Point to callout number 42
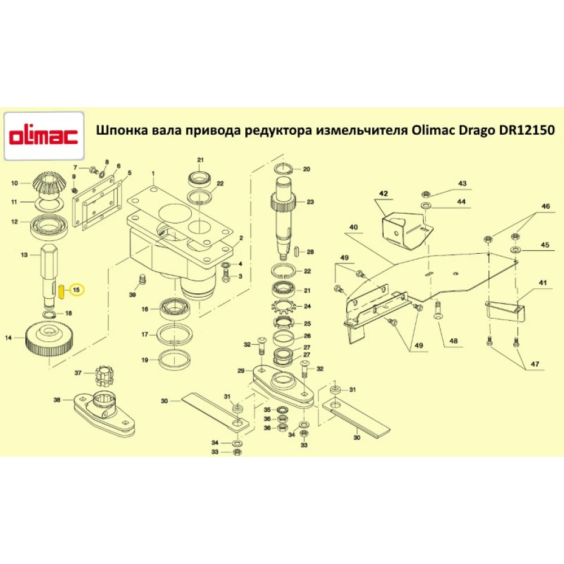[384, 194]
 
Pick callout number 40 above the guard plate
[354, 227]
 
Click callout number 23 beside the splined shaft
[310, 201]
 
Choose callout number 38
[57, 400]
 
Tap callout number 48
[453, 341]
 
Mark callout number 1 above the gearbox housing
[152, 171]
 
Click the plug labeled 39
[142, 280]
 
